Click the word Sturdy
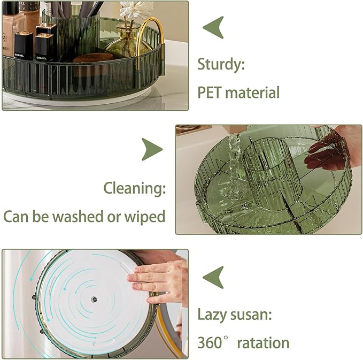[221, 65]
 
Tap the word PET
[209, 92]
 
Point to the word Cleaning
[134, 188]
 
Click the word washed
[79, 216]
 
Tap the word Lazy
[211, 315]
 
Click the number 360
[210, 342]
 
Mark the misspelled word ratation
[263, 342]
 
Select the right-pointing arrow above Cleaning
[152, 149]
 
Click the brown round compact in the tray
[92, 57]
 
